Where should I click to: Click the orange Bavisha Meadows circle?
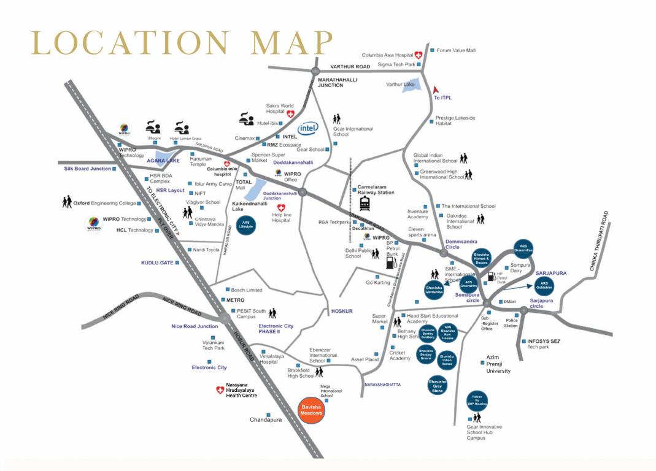[x=311, y=410]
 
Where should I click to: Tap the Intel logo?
[x=308, y=129]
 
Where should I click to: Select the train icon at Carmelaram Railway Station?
[x=365, y=203]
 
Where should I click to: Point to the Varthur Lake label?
[x=400, y=84]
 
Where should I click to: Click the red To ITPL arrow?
[x=438, y=90]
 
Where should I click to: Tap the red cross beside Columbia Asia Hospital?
[x=419, y=55]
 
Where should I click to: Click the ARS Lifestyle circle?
[x=246, y=224]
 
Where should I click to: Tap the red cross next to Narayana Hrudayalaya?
[x=220, y=390]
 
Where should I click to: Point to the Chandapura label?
[x=266, y=420]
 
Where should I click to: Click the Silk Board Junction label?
[x=88, y=169]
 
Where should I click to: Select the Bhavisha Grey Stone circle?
[x=437, y=384]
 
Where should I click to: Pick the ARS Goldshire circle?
[x=544, y=285]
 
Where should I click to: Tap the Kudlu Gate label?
[x=158, y=262]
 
